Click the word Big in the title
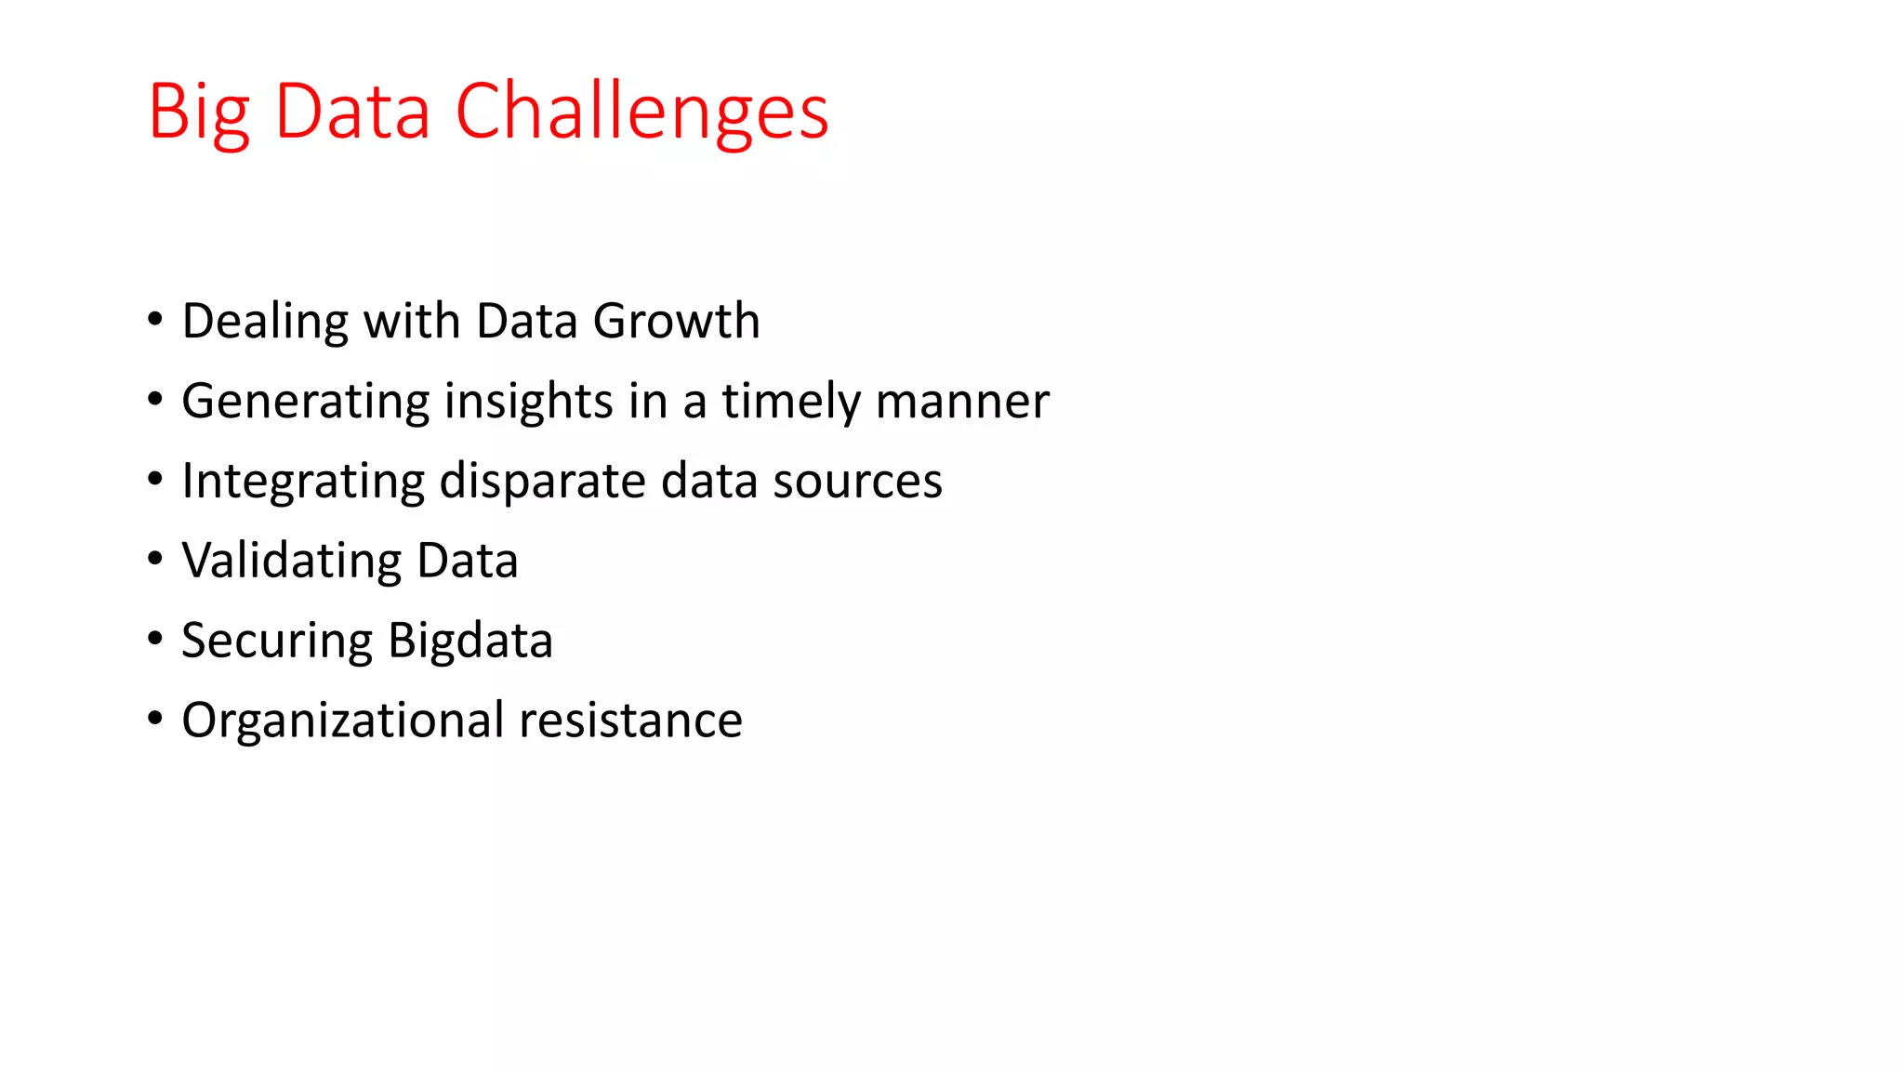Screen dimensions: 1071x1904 click(x=198, y=112)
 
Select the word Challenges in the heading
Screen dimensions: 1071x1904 click(x=641, y=112)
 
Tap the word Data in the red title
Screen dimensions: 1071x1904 click(x=352, y=112)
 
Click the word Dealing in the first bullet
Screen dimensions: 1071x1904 click(x=265, y=322)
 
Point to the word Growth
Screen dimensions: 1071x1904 click(x=676, y=322)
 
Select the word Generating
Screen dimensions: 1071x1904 click(x=305, y=402)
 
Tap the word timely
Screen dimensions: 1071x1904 click(x=791, y=402)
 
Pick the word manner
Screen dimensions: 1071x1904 click(x=962, y=402)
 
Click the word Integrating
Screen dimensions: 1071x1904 click(x=303, y=482)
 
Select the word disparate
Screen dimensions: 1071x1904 click(x=542, y=482)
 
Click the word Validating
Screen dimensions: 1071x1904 click(x=291, y=561)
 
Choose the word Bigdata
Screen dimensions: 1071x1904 click(x=470, y=641)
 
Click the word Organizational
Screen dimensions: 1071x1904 click(x=343, y=721)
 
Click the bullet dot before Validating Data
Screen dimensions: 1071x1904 click(x=155, y=560)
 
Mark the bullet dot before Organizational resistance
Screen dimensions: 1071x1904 click(x=155, y=720)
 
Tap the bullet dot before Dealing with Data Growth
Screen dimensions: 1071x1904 click(x=155, y=320)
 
